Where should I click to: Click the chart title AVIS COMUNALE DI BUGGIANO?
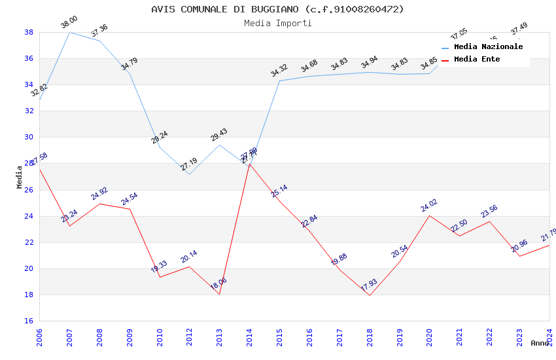[277, 9]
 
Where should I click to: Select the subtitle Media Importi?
[277, 23]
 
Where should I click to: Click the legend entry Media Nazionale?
[488, 46]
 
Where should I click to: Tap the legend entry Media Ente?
[477, 59]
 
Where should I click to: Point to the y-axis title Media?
[20, 177]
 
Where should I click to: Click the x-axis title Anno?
[540, 343]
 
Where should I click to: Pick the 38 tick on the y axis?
[29, 32]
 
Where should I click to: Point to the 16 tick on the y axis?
[29, 321]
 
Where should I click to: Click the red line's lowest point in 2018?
[370, 295]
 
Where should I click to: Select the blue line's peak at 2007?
[69, 32]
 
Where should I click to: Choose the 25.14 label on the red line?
[279, 191]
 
